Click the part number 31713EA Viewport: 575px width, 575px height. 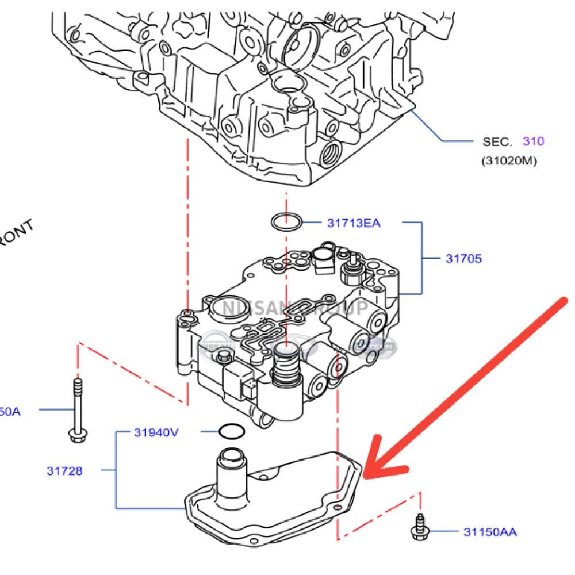point(354,223)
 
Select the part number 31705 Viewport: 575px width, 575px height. point(463,259)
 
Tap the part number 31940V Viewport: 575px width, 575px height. point(156,432)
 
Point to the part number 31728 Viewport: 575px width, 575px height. point(64,471)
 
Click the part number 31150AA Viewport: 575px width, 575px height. point(490,532)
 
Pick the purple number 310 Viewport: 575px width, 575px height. point(533,141)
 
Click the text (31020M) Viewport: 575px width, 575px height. point(509,161)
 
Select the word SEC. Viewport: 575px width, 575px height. point(497,141)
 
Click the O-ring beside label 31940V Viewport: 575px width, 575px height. point(231,431)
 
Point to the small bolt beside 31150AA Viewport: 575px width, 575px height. point(419,528)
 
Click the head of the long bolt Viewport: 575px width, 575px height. point(76,435)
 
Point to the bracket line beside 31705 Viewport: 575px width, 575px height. point(423,259)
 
